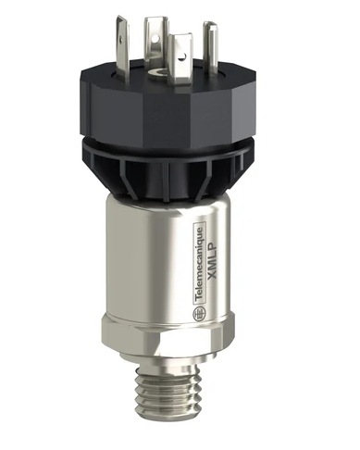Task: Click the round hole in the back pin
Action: click(x=150, y=20)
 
